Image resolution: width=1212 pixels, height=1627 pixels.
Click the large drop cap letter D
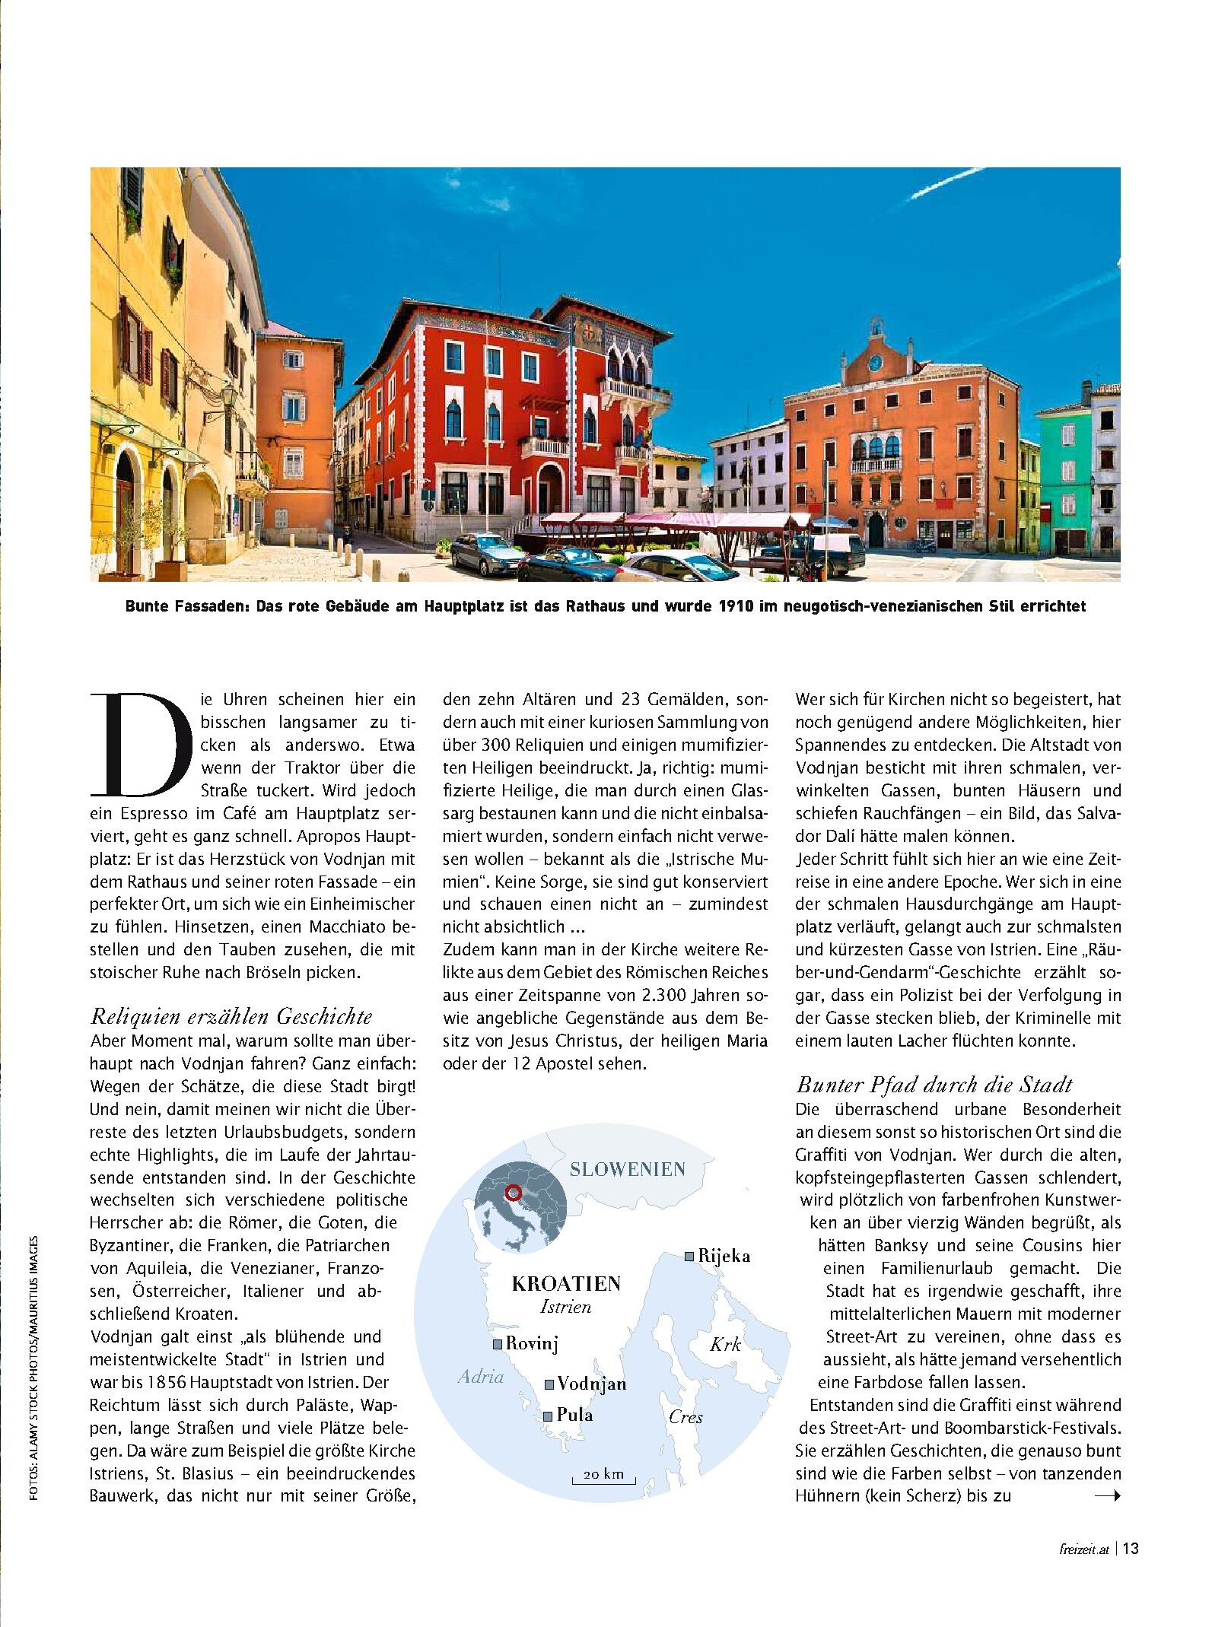pos(140,742)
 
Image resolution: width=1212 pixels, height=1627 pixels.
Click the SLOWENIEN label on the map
pos(628,1169)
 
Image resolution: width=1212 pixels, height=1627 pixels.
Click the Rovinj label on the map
pos(532,1343)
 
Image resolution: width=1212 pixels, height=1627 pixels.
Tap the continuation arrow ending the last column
pos(1107,1496)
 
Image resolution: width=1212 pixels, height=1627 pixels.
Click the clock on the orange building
pos(876,362)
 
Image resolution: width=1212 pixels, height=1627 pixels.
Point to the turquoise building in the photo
pos(1065,472)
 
